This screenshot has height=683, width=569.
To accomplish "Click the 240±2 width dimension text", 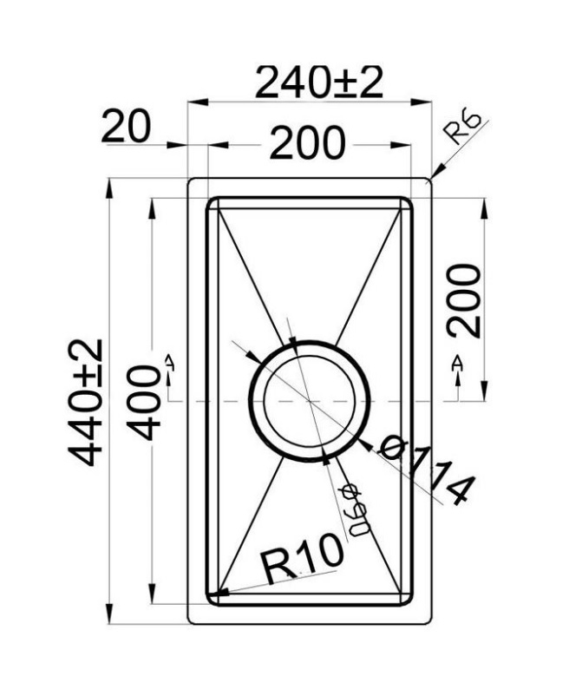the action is [319, 82].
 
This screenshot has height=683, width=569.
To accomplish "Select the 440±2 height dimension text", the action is [85, 403].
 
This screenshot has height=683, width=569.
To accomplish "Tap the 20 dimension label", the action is [127, 127].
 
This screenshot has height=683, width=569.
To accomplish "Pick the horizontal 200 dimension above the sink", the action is [308, 142].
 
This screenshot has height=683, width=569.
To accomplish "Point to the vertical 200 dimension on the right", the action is [465, 300].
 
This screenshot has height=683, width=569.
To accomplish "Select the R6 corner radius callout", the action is [464, 129].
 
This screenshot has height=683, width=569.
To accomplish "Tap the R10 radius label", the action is [302, 560].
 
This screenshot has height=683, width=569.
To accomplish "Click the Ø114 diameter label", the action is [425, 471].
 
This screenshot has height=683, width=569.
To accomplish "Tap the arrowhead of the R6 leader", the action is [437, 172].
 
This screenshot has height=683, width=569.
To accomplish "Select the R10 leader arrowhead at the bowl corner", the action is [218, 592].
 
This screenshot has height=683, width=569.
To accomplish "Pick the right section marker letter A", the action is [457, 363].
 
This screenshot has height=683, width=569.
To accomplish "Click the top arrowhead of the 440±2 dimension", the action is [109, 188].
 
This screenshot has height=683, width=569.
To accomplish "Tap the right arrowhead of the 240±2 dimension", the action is [421, 102].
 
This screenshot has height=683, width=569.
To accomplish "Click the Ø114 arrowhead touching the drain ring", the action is [365, 444].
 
